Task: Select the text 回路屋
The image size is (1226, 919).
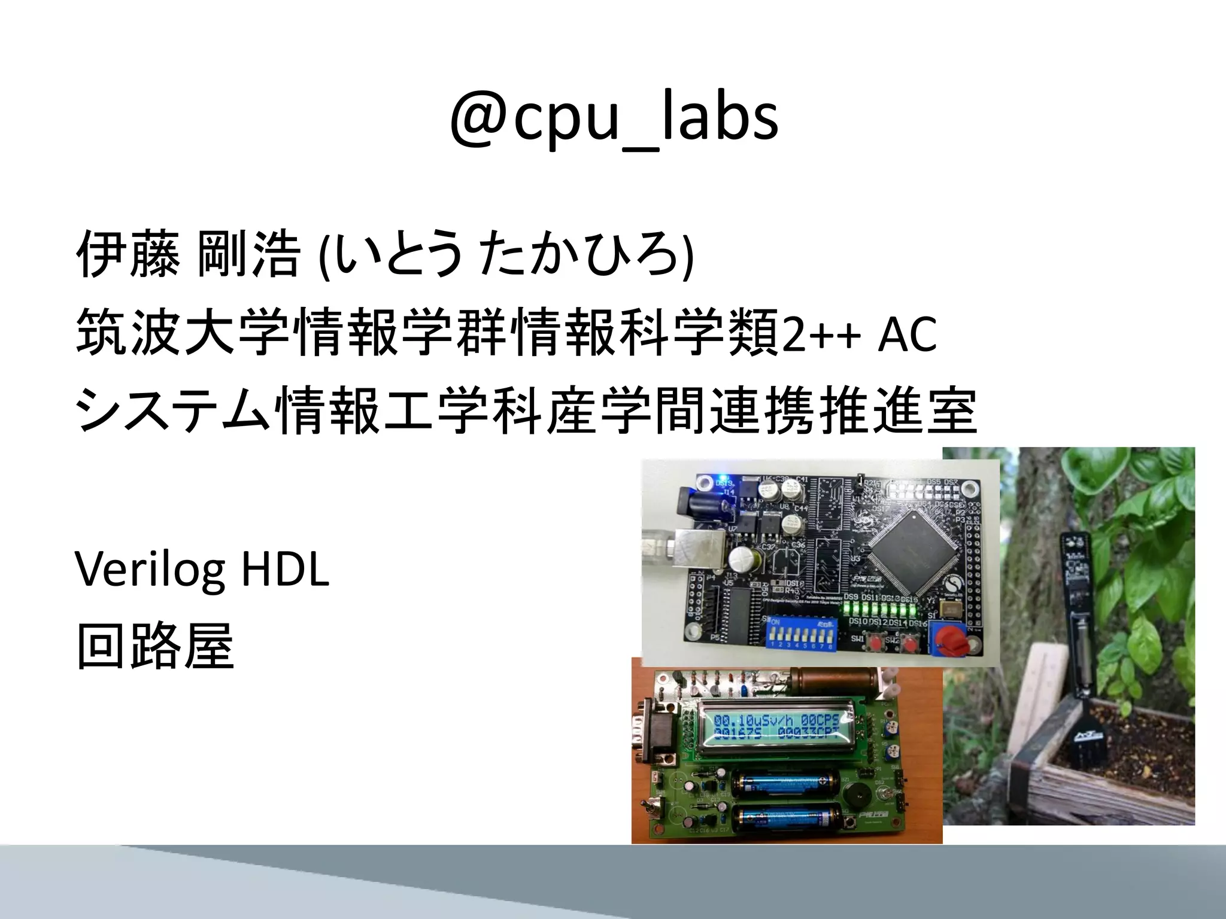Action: click(155, 646)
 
